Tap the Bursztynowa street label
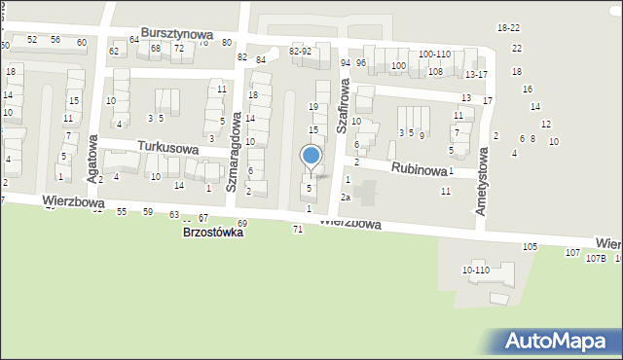176,33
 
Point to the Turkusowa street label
167,149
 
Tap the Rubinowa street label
419,168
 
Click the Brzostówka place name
212,234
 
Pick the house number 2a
345,198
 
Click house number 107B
596,258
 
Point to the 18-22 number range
508,28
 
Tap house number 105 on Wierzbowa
530,247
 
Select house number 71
297,229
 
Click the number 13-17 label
476,74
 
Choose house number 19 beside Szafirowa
313,106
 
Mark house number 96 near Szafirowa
361,63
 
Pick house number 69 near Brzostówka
241,224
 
